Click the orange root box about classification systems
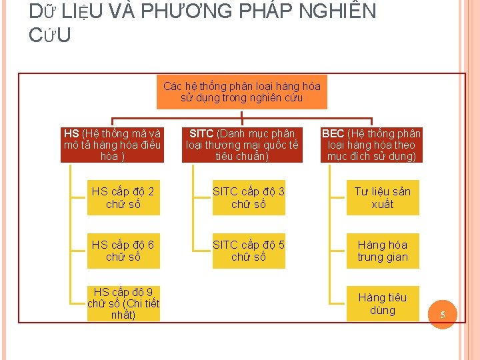(242, 91)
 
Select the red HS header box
(111, 145)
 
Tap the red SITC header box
(242, 145)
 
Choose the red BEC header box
(371, 145)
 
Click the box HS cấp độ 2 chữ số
(123, 197)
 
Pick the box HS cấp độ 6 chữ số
(123, 251)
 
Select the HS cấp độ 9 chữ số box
(123, 303)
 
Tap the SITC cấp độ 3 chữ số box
(249, 197)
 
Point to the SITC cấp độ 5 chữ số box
(249, 251)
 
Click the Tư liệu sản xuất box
(383, 197)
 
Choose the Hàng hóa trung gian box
(383, 251)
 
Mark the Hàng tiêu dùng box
(383, 303)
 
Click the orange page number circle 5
(442, 315)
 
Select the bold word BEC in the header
(333, 133)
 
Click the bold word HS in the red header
(71, 133)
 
